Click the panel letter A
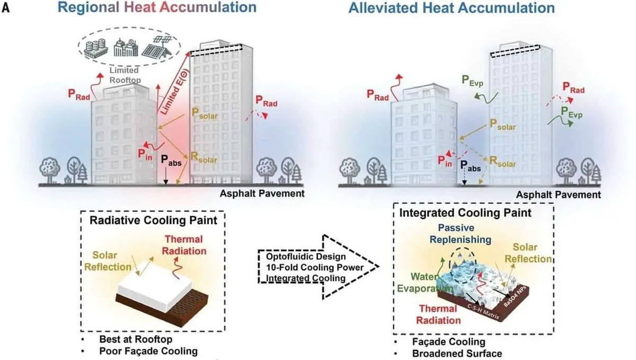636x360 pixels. click(x=7, y=7)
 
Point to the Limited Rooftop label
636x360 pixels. click(x=124, y=74)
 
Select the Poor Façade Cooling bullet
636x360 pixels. click(x=141, y=350)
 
